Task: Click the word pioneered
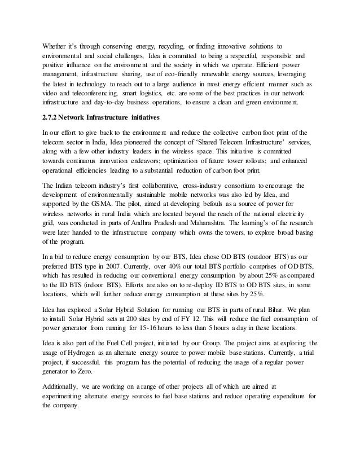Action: click(x=124, y=143)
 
